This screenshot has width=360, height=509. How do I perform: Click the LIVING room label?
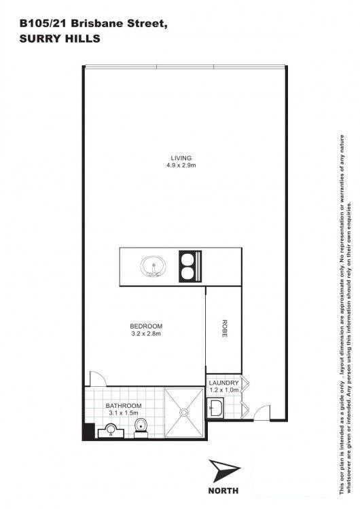pos(181,158)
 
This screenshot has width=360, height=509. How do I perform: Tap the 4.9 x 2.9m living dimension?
pos(181,165)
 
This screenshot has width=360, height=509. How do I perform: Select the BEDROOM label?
pos(146,326)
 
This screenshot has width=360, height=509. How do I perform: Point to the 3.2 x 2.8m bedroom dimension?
pos(146,333)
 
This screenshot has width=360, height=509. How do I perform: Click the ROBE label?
pos(224,328)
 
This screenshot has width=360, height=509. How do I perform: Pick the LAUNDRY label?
pos(224,383)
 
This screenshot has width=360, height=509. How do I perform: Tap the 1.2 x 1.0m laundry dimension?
pos(224,390)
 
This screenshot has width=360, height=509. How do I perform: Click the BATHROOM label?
pos(124,406)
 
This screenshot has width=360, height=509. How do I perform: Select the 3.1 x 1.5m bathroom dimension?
pos(124,413)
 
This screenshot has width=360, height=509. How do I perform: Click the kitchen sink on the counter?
pos(153,267)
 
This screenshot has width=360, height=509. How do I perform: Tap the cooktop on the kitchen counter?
pos(190,267)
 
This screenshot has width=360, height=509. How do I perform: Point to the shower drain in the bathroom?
pos(184,413)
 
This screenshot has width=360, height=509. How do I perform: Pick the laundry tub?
pos(215,408)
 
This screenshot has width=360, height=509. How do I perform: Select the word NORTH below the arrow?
pos(223,490)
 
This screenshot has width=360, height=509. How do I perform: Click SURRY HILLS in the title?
pos(60,39)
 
